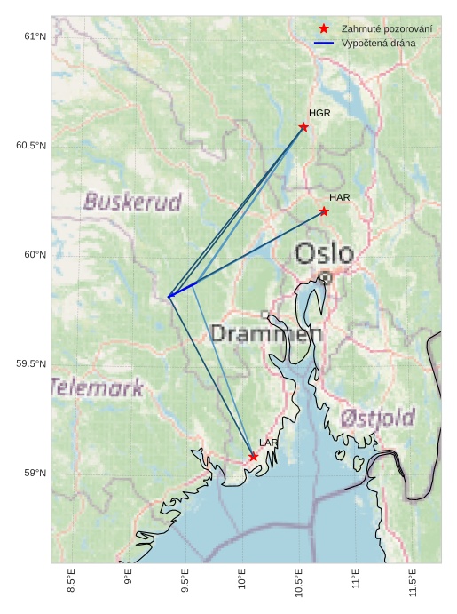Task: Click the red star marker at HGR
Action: pyautogui.click(x=303, y=126)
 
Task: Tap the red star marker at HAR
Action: pyautogui.click(x=324, y=211)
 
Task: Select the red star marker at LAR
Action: pyautogui.click(x=253, y=457)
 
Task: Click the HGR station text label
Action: pyautogui.click(x=319, y=114)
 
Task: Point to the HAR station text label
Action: pyautogui.click(x=340, y=197)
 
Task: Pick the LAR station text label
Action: pyautogui.click(x=269, y=442)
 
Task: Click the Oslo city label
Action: pyautogui.click(x=324, y=254)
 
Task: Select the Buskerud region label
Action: pyautogui.click(x=132, y=202)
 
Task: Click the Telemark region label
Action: pyautogui.click(x=97, y=387)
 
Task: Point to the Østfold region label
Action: pyautogui.click(x=377, y=417)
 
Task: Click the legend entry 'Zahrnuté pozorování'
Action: pyautogui.click(x=387, y=29)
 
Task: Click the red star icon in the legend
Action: pyautogui.click(x=324, y=29)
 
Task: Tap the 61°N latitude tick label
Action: pyautogui.click(x=35, y=36)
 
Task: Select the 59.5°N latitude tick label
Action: pyautogui.click(x=31, y=364)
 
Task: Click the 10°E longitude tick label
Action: pyautogui.click(x=242, y=584)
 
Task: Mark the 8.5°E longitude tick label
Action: pyautogui.click(x=72, y=585)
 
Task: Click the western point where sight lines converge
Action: pyautogui.click(x=169, y=297)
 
